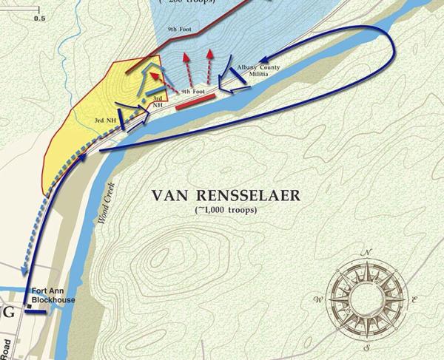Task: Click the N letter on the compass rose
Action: (x=366, y=254)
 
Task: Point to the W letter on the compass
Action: (x=318, y=299)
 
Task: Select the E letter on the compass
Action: (x=414, y=299)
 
